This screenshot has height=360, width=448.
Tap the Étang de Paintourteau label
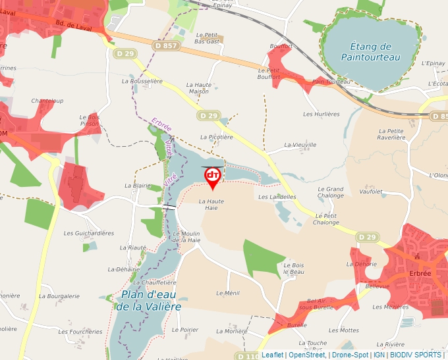371,52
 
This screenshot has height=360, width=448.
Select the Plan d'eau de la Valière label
148,299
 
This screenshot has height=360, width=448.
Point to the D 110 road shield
248,356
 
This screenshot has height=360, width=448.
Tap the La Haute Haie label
208,204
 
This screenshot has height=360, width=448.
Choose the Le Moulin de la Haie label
186,237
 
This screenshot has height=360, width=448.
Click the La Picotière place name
217,137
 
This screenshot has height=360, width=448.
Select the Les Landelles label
277,197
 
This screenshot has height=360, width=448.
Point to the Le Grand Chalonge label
331,192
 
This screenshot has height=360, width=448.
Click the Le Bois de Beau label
294,269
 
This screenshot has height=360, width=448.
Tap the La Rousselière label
142,81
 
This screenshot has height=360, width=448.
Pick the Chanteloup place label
47,101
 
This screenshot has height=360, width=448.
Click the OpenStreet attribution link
306,355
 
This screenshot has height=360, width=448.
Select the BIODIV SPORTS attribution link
416,355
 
